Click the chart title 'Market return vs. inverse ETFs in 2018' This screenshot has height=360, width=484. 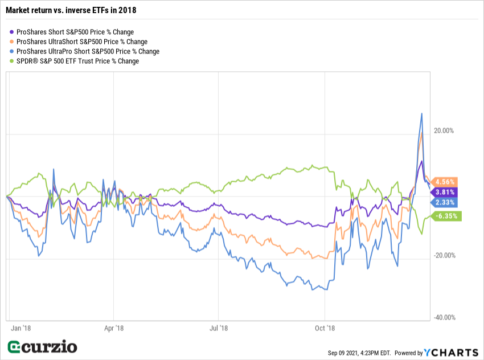tap(71, 10)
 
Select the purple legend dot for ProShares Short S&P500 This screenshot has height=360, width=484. tap(13, 32)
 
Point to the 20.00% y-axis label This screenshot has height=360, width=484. tap(444, 130)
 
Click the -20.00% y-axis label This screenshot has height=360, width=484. tap(442, 255)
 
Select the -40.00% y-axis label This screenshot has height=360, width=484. tap(442, 317)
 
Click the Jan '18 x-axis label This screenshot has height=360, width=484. tap(20, 328)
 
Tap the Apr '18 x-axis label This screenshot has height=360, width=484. tap(114, 328)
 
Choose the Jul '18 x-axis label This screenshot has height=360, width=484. tap(219, 328)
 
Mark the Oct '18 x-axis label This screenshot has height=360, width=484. tap(325, 328)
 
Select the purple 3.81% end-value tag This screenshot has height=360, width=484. tap(444, 193)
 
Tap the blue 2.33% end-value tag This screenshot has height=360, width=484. tap(444, 202)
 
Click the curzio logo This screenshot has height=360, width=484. tap(42, 347)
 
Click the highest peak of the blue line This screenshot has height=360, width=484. tap(421, 113)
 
